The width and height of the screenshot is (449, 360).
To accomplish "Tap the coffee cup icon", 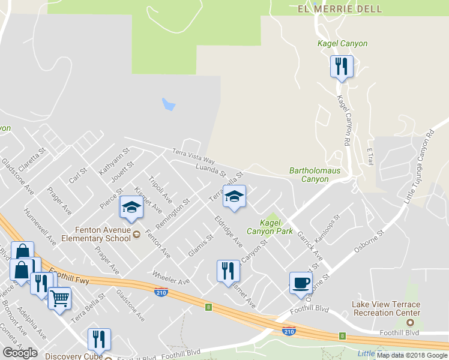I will click(301, 281).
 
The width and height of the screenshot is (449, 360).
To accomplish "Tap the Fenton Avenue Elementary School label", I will click(103, 233).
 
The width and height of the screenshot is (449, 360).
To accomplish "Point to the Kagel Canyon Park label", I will click(264, 226).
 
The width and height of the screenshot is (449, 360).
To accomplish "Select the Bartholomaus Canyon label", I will click(315, 175).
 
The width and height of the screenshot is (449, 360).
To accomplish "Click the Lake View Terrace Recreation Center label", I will click(386, 308).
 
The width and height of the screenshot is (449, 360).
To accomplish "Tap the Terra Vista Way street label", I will click(193, 157).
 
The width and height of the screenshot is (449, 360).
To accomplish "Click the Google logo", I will click(20, 353).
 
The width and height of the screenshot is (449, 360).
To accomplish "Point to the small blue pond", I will click(169, 104).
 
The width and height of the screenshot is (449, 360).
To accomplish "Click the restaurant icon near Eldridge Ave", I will click(228, 271).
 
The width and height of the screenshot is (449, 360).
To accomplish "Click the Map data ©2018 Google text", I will click(411, 355).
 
